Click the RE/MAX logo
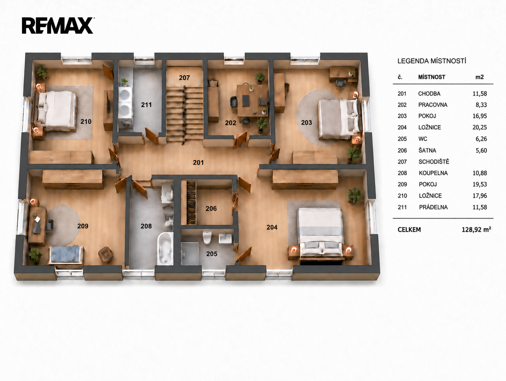tap(57, 26)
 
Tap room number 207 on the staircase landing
tap(185, 78)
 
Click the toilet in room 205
tap(207, 237)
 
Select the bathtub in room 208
tap(165, 248)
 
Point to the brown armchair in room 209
tap(106, 255)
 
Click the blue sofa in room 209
tap(65, 255)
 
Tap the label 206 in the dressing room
tap(211, 208)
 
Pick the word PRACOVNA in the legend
tap(433, 105)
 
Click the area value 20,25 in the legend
tap(480, 127)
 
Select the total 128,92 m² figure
tap(476, 229)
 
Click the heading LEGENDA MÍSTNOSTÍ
tap(432, 61)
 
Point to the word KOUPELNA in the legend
tap(433, 173)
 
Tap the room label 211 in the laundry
tap(146, 105)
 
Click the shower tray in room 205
tap(189, 253)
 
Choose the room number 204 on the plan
tap(272, 227)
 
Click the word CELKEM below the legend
tap(409, 230)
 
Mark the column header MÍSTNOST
tap(432, 77)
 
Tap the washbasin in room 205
tap(225, 238)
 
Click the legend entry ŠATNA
tap(427, 151)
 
